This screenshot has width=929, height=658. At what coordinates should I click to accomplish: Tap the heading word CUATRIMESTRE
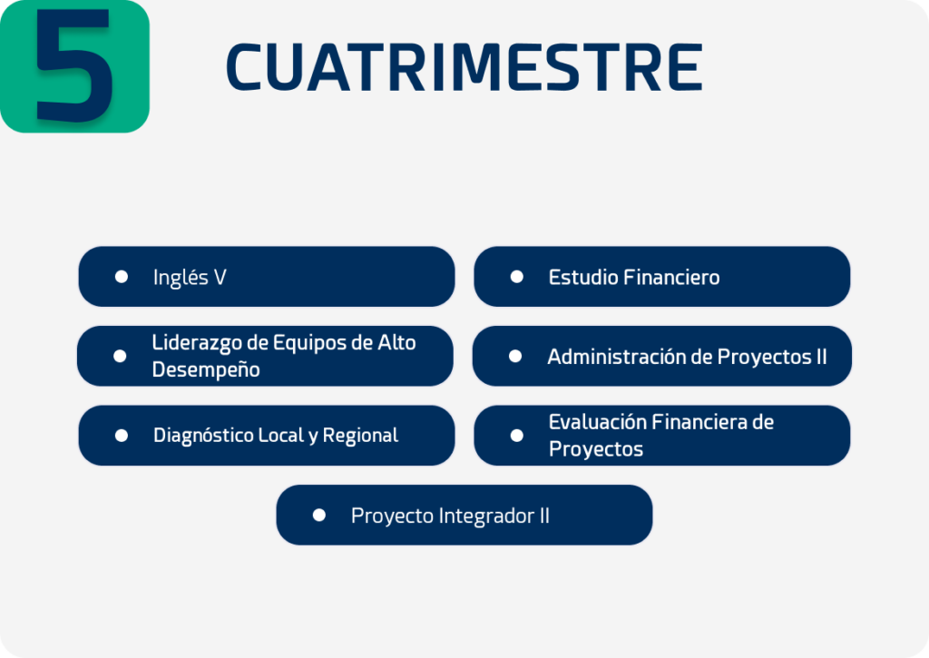tap(464, 67)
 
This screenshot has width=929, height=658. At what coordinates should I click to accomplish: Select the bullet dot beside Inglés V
tap(122, 277)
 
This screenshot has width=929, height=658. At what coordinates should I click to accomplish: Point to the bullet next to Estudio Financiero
tap(516, 277)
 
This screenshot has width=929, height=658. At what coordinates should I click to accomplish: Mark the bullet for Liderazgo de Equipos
tap(120, 356)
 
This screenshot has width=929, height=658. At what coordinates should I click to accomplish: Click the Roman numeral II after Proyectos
tap(821, 357)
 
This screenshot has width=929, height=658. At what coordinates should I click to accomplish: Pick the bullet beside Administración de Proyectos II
tap(515, 356)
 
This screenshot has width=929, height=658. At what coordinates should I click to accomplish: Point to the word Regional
tap(360, 436)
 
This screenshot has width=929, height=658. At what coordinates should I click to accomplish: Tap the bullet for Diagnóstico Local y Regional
tap(122, 436)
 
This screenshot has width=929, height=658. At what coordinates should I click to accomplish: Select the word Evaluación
tap(597, 422)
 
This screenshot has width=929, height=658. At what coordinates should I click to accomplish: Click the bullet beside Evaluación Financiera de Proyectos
tap(516, 436)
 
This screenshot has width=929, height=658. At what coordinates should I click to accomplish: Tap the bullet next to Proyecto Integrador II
tap(318, 516)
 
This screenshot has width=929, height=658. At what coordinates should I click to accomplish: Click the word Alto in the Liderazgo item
tap(397, 343)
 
